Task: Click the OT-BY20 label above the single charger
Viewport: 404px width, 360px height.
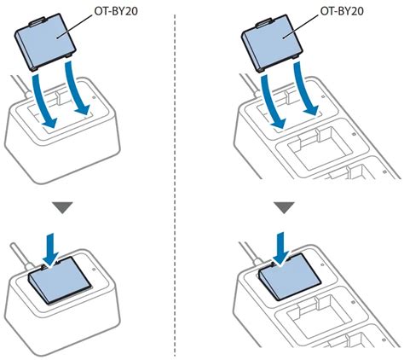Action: click(x=116, y=11)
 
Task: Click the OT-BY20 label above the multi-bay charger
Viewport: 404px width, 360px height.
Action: click(x=342, y=11)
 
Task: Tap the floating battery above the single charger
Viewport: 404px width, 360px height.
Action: click(x=45, y=42)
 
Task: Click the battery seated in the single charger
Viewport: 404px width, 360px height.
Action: click(x=60, y=280)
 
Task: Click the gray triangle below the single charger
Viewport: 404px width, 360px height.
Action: click(x=62, y=207)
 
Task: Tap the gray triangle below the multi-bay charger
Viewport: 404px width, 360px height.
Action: click(x=285, y=207)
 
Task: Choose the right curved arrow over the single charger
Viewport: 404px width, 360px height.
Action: click(x=77, y=88)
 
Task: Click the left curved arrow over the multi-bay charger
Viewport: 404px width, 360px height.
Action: click(x=272, y=101)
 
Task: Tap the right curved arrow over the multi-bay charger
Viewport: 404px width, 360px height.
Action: click(x=305, y=89)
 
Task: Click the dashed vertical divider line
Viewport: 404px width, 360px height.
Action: click(x=175, y=185)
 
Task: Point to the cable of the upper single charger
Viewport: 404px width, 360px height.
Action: click(x=20, y=85)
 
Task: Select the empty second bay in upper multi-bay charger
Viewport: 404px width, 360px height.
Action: click(x=318, y=148)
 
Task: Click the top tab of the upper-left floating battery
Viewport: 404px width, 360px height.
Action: click(x=38, y=21)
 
